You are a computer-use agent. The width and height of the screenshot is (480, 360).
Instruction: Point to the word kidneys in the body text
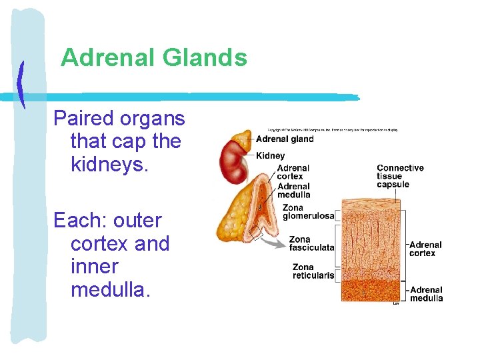109,164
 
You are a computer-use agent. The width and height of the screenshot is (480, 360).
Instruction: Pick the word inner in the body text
94,267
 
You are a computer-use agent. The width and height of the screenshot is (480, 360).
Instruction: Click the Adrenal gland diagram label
285,139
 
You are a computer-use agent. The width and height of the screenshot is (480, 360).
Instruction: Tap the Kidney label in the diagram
270,155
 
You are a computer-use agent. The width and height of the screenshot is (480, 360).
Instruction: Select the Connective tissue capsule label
400,176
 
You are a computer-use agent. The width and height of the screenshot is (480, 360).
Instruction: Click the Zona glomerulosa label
308,212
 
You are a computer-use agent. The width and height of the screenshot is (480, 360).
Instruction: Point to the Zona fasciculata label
311,244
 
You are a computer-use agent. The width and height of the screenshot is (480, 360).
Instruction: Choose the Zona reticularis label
313,271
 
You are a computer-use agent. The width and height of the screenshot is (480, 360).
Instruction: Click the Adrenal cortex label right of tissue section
425,249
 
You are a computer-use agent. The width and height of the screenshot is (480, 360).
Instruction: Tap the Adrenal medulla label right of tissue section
426,294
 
